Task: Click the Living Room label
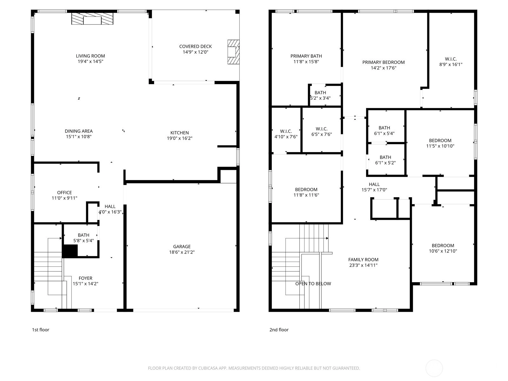point(90,56)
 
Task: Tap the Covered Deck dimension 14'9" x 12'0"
point(196,52)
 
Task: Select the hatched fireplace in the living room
point(92,18)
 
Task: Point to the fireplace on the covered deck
point(233,52)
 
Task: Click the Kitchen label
point(180,133)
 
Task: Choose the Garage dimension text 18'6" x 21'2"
point(182,252)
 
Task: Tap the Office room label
point(64,193)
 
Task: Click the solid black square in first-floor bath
point(70,251)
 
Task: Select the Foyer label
point(85,278)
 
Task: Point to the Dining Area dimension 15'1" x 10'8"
point(79,137)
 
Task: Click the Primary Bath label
point(306,56)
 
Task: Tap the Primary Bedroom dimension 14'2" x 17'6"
point(384,68)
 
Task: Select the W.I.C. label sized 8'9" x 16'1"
point(451,59)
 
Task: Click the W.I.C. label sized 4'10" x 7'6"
point(286,131)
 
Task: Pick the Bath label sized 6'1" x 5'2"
point(385,157)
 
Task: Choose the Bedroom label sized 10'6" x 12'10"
point(443,246)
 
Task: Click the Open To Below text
point(313,284)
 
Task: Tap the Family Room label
point(363,260)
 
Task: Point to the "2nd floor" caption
point(279,330)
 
